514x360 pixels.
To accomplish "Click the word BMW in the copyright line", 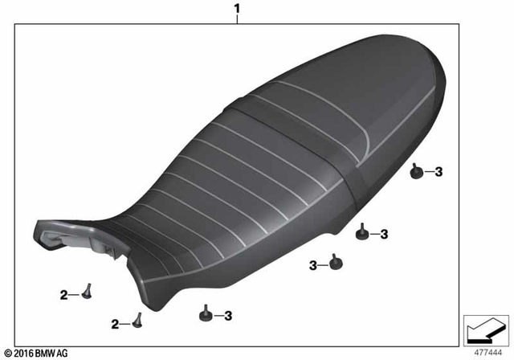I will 49,353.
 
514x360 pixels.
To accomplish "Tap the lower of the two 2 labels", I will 115,324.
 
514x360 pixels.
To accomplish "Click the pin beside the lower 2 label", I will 137,320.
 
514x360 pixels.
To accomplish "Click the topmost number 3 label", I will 439,171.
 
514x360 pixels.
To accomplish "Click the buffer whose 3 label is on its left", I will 332,261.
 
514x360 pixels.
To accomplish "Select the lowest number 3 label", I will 228,315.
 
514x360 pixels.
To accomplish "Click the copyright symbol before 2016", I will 8,353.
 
